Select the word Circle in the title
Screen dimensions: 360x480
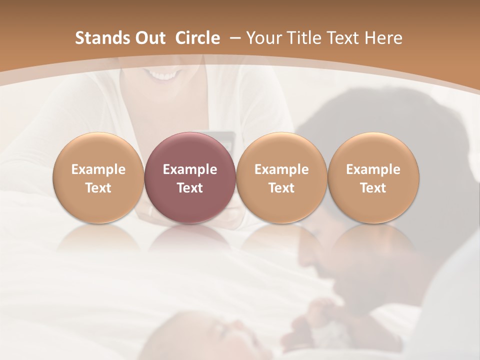coord(197,38)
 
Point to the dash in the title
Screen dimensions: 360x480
coord(233,38)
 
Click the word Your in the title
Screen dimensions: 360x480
coord(263,38)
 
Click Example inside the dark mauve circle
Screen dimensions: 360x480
coord(190,169)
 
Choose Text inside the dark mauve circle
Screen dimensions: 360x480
coord(190,188)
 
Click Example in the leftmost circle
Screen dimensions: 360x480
coord(98,169)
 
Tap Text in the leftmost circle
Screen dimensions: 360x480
coord(98,188)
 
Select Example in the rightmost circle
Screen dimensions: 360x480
coord(373,169)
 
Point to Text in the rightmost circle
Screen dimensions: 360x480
coord(373,188)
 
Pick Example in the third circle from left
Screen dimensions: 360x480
coord(281,169)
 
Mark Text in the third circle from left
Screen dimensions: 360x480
coord(281,188)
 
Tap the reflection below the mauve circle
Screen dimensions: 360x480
coord(190,240)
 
